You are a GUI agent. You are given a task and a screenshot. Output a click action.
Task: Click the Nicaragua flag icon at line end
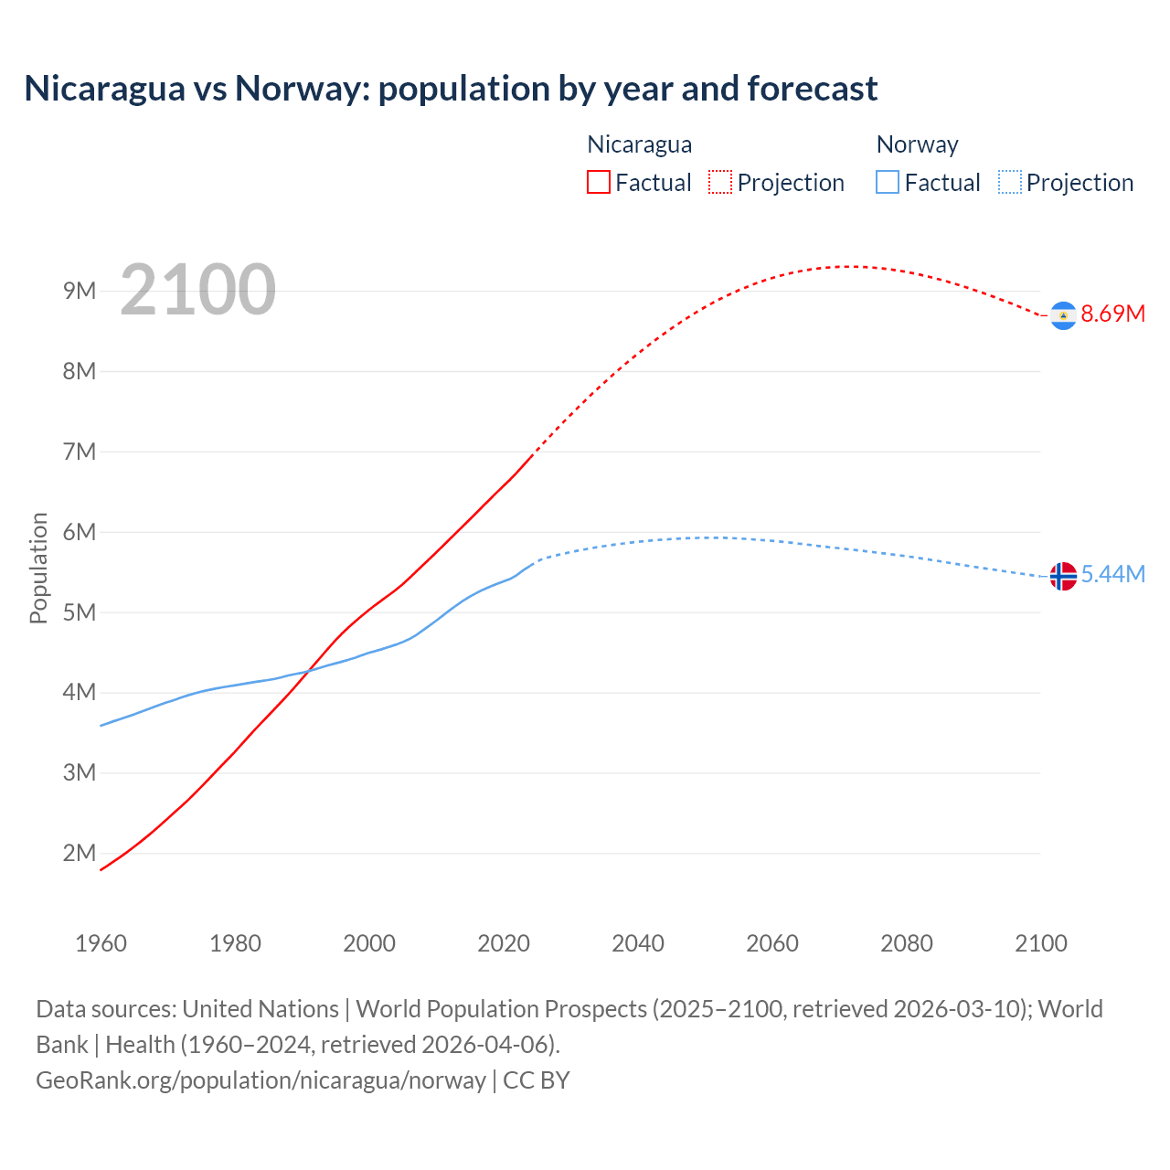pos(1063,315)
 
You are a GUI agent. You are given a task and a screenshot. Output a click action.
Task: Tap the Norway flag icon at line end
pos(1063,576)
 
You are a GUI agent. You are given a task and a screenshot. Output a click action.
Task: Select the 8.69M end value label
pos(1112,314)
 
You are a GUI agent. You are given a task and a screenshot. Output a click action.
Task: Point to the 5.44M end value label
pos(1112,574)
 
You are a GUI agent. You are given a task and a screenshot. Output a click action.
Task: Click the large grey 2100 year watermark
pos(197,290)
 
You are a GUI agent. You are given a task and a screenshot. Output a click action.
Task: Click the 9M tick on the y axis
pos(80,291)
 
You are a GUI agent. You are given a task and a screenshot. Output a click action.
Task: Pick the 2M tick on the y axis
pos(80,853)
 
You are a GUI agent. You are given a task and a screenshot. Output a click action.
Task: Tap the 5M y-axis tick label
pos(80,612)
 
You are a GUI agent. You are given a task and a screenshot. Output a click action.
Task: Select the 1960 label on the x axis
pos(101,943)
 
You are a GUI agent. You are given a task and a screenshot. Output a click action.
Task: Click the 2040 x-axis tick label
pos(638,943)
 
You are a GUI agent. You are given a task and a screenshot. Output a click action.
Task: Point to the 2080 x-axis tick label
pos(907,943)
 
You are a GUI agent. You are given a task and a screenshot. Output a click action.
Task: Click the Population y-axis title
pos(38,568)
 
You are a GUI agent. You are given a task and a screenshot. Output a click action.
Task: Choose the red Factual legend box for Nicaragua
pos(598,182)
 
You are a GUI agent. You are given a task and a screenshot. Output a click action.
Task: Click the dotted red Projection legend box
pos(720,182)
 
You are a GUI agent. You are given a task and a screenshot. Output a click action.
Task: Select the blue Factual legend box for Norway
pos(888,182)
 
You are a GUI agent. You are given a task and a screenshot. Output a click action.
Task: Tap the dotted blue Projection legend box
pos(1009,182)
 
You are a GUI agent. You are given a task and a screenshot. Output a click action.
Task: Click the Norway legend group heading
pos(917,144)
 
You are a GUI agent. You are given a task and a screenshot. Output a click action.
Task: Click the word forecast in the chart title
pos(813,89)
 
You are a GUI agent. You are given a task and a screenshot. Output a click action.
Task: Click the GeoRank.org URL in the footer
pos(261,1080)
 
